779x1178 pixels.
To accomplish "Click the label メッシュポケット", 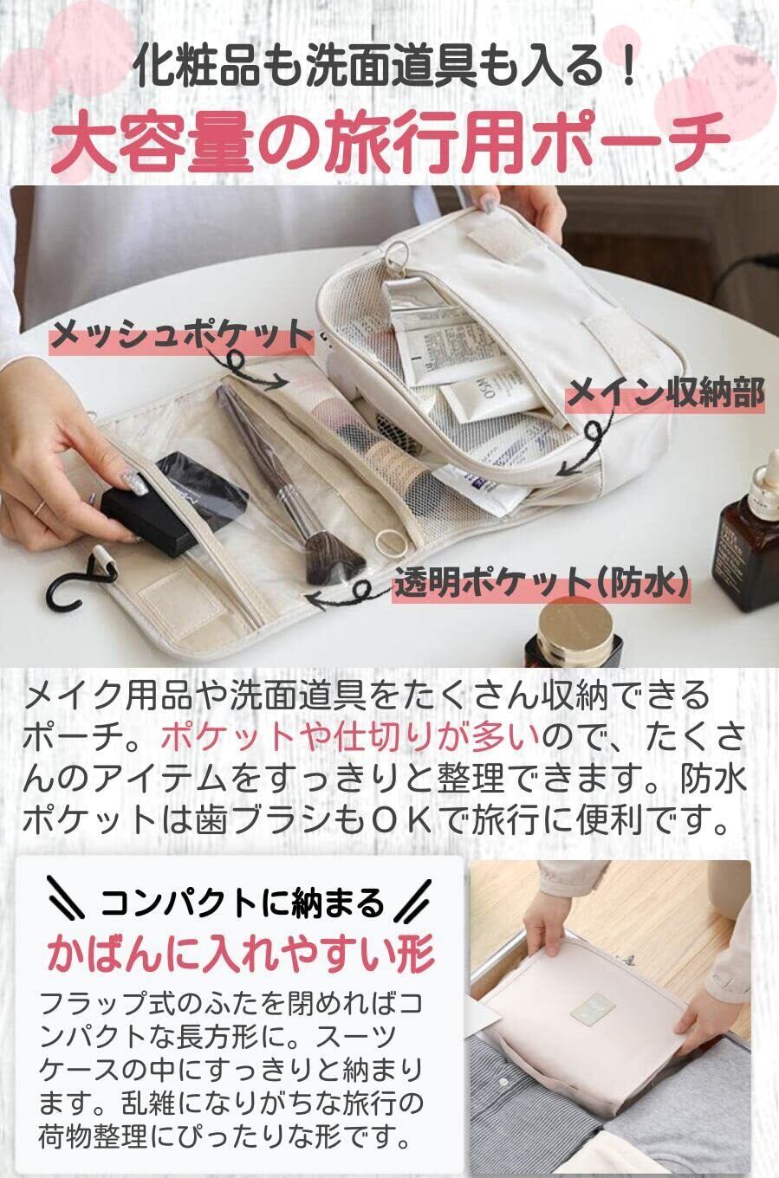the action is point(181,335).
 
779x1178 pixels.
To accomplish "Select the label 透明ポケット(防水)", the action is point(542,583).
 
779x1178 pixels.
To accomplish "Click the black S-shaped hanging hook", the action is point(79,576).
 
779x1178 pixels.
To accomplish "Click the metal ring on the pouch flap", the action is point(395,255).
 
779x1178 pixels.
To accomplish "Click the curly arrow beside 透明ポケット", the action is point(343,592).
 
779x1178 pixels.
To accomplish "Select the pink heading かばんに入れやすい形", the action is point(241,953).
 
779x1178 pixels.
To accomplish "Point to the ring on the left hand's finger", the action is point(40,508).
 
